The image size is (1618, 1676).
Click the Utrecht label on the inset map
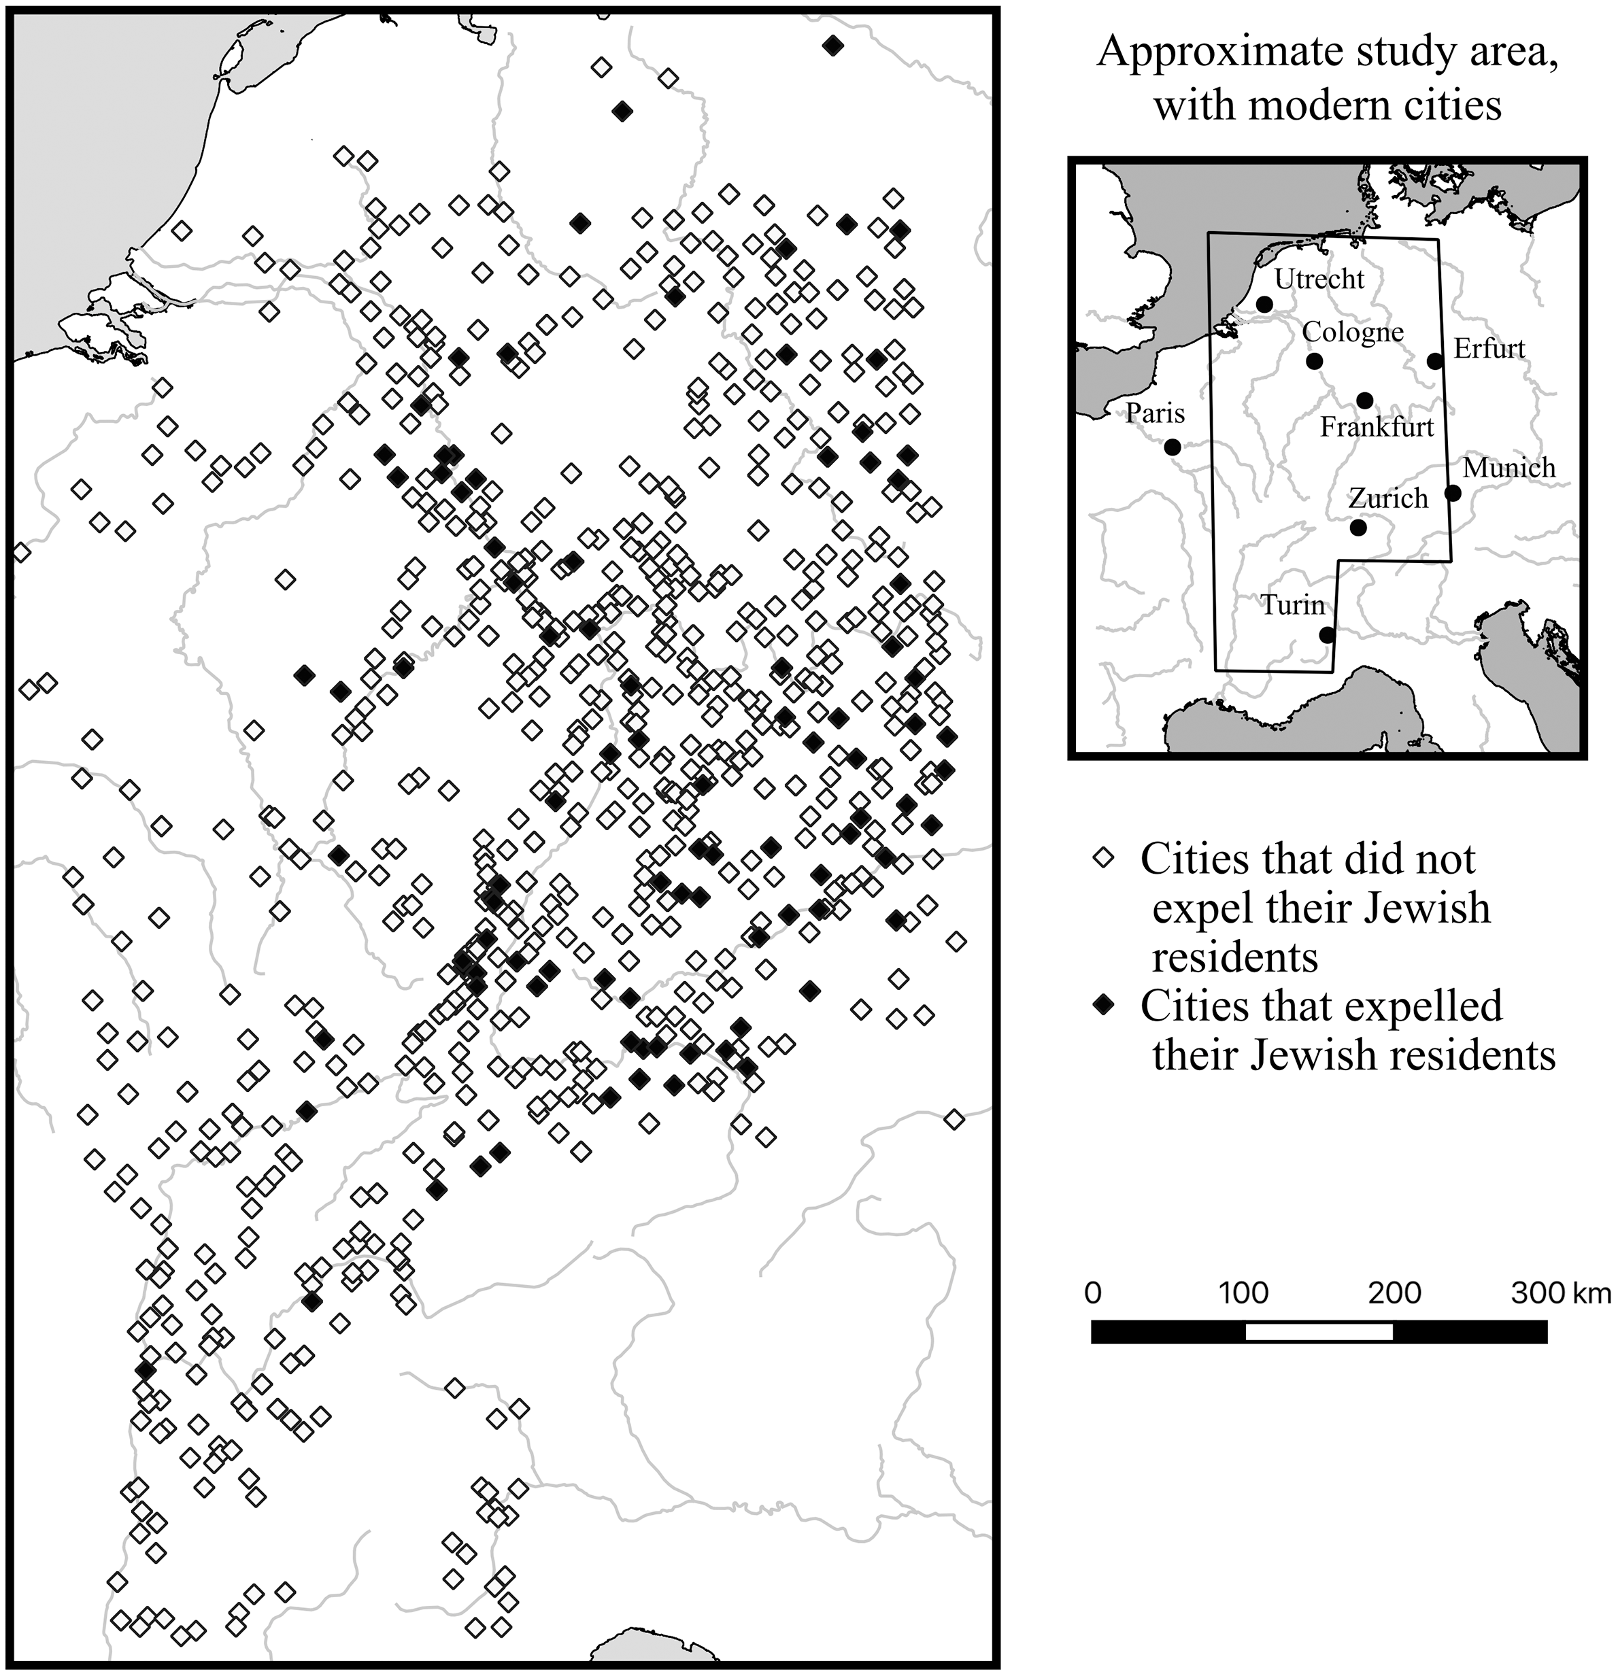click(x=1319, y=279)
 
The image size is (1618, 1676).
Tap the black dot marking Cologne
click(x=1315, y=362)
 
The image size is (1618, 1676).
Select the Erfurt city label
click(x=1489, y=349)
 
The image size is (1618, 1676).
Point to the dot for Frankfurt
click(x=1364, y=400)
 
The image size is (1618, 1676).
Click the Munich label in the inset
click(x=1509, y=468)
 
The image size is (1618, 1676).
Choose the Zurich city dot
click(x=1358, y=528)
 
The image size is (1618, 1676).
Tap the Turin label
click(x=1292, y=604)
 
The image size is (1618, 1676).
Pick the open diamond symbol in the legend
click(x=1104, y=857)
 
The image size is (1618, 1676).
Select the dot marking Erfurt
click(x=1435, y=361)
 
